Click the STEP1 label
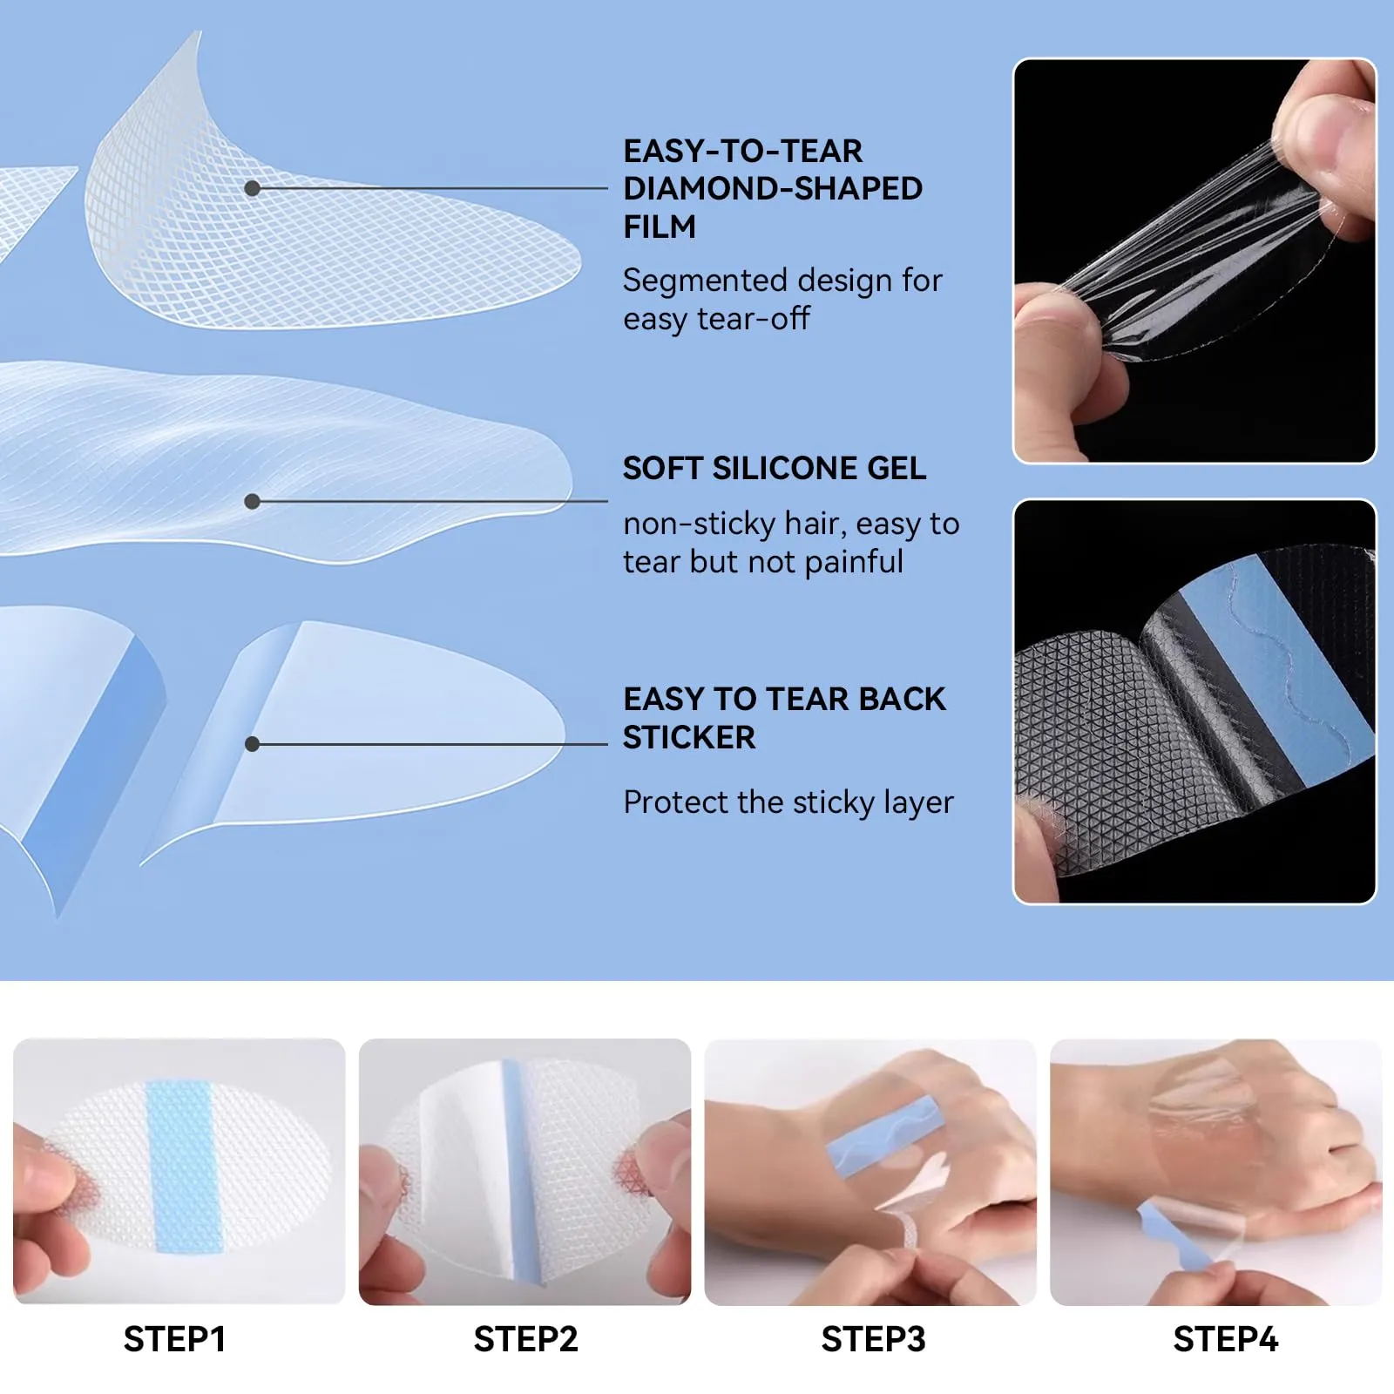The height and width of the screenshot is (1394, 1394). pyautogui.click(x=174, y=1339)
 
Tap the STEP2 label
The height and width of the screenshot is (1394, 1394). pyautogui.click(x=525, y=1339)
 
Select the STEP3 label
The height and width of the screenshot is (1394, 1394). pyautogui.click(x=873, y=1339)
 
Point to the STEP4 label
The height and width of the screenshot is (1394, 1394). pyautogui.click(x=1225, y=1339)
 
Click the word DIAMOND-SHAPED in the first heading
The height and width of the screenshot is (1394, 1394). pyautogui.click(x=773, y=188)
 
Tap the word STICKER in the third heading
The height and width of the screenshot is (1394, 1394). pyautogui.click(x=689, y=737)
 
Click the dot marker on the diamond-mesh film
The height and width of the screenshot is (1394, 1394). pyautogui.click(x=252, y=188)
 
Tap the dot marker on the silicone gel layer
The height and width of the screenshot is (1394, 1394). pyautogui.click(x=252, y=501)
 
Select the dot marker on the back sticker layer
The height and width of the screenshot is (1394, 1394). pyautogui.click(x=252, y=744)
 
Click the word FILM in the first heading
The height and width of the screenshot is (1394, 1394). pyautogui.click(x=660, y=227)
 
